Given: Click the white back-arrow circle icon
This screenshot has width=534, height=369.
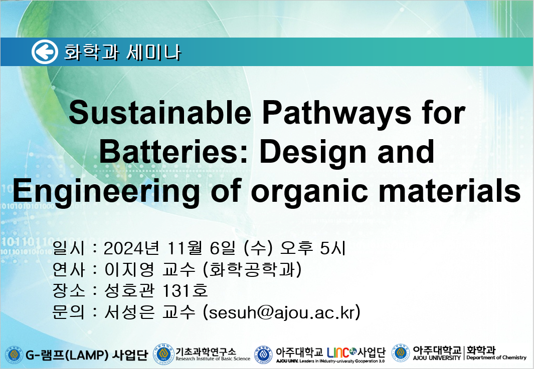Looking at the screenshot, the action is tap(45, 52).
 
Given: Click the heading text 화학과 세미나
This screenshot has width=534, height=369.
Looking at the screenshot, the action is tap(122, 53).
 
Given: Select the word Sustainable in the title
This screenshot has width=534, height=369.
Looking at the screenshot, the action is tap(160, 113).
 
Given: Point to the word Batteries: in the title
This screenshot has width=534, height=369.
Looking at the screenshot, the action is tap(173, 152).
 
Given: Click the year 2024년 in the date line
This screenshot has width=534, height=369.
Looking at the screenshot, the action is tap(131, 248).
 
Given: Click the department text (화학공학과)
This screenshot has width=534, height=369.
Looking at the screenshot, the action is tap(252, 270).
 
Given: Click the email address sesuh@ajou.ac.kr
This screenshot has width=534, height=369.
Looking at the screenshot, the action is tap(281, 312).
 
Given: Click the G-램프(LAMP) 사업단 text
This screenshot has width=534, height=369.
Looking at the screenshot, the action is tap(87, 355).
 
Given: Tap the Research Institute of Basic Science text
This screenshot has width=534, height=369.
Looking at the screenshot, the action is tap(213, 358).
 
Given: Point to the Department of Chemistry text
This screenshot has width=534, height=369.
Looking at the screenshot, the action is tap(496, 357).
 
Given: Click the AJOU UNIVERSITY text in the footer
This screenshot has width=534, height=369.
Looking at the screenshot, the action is tap(437, 358).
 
